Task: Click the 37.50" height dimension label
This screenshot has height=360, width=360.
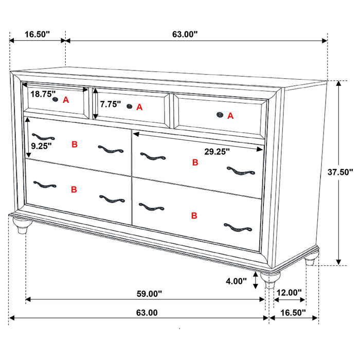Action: click(340, 172)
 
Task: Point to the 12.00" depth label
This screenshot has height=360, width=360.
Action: click(289, 293)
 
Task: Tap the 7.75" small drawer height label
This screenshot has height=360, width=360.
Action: click(111, 104)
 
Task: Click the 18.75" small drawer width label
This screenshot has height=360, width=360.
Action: click(43, 94)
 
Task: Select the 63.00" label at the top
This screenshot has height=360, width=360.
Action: click(185, 34)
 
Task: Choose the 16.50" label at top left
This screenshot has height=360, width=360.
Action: click(37, 34)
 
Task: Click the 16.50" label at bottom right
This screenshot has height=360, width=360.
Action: click(293, 312)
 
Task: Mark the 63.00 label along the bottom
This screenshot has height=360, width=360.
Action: click(147, 312)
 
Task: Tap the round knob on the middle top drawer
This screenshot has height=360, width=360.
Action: click(129, 106)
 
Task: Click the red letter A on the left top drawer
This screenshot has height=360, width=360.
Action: click(66, 100)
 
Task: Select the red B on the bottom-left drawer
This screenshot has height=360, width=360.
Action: click(74, 189)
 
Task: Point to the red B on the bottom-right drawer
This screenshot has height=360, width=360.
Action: click(194, 215)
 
